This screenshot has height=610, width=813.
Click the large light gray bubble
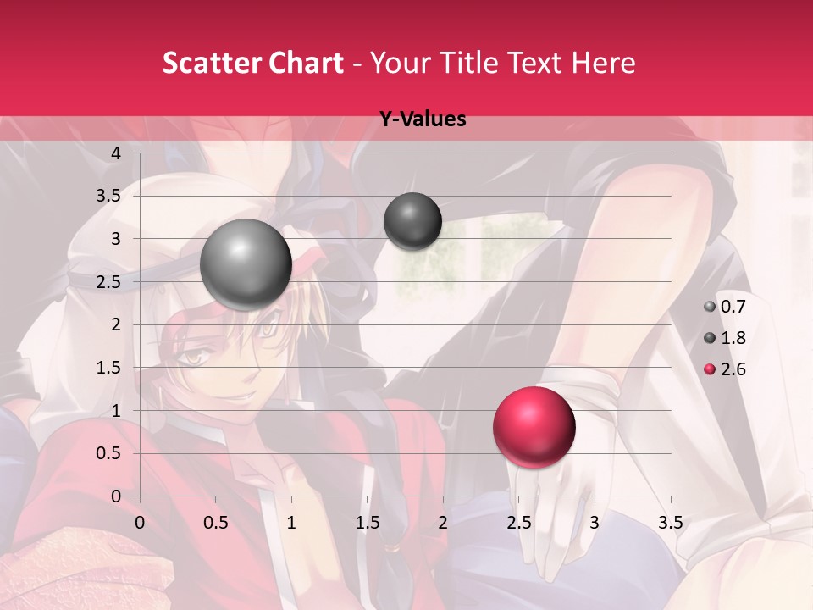[246, 264]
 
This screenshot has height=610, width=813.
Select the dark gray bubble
[412, 221]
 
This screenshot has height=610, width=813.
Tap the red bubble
[534, 428]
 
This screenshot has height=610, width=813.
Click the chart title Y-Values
[422, 119]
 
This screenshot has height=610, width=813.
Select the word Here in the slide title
[604, 63]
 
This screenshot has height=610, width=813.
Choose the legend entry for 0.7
[725, 307]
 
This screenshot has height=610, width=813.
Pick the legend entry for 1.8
[725, 338]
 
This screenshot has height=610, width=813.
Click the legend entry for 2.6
[725, 369]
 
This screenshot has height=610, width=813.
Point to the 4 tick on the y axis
[117, 153]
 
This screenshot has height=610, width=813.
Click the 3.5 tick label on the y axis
[109, 197]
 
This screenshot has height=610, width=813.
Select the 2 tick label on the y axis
[117, 324]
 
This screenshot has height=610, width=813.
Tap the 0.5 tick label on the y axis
[109, 453]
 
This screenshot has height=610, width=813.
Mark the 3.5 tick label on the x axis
[670, 523]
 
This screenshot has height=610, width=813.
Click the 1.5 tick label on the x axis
[367, 523]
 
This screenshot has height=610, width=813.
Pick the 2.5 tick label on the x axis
[518, 523]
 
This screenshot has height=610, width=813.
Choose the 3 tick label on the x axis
[595, 523]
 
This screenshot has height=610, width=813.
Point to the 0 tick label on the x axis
[140, 523]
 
